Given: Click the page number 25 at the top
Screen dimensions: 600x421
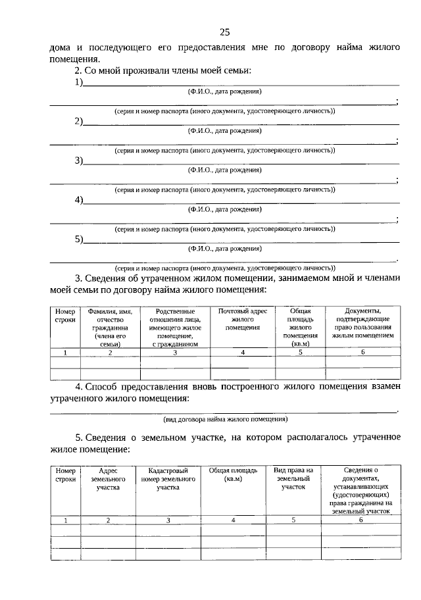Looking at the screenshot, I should pos(224,33).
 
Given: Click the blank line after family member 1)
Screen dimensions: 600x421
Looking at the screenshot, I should pos(241,84).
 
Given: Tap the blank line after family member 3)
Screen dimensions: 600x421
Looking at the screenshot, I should pos(241,162).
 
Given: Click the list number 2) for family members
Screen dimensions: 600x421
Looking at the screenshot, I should pos(78,122).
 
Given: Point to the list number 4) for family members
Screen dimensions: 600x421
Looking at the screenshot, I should pos(78,200).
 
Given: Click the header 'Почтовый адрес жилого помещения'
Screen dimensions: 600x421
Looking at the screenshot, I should pos(243,319).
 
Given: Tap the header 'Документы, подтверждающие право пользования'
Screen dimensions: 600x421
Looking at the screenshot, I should pos(362,323).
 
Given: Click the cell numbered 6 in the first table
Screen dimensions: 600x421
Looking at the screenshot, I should pos(362,353).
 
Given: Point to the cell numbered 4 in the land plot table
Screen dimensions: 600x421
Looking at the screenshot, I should pos(233,520).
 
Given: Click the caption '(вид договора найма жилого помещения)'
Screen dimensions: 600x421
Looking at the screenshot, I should pos(224,419).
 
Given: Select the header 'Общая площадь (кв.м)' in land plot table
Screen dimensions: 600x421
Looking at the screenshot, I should pos(233,475).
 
